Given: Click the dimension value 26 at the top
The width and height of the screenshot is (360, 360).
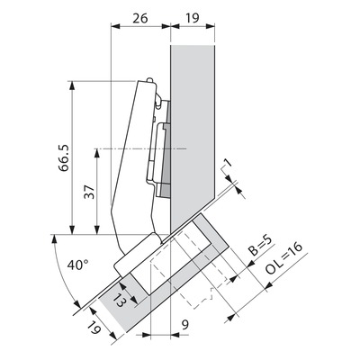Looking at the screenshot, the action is coord(140,18).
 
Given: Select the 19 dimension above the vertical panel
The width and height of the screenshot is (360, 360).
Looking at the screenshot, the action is coord(192,18).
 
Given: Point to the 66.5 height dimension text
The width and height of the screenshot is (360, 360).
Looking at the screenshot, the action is coord(64,157).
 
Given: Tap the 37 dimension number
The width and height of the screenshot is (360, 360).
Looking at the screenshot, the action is coord(89,192).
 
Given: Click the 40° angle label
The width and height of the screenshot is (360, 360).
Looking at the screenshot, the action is coord(77,265).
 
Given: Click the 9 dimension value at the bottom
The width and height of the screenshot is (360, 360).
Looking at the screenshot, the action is coord(185,325).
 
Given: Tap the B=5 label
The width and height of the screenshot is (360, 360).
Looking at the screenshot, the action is coord(260,246).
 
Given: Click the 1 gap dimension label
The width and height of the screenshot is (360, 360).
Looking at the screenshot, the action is coord(229,163).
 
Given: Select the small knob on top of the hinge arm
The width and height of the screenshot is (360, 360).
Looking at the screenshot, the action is coord(150,80).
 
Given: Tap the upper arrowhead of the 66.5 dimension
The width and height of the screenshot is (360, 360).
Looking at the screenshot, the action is coord(71,85).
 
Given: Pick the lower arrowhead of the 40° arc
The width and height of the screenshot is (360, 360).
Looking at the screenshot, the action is coord(77,303).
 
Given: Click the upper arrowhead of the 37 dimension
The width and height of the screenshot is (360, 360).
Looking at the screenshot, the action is coord(96,153).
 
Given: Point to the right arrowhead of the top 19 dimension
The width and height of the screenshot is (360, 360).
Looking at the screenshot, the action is coord(211,26).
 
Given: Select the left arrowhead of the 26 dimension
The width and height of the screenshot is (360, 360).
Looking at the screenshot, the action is coord(115,26).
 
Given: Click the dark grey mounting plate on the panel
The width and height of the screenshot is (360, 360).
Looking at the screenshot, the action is coord(166,150).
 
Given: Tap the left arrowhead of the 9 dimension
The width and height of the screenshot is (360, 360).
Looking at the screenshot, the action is coord(146,335).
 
